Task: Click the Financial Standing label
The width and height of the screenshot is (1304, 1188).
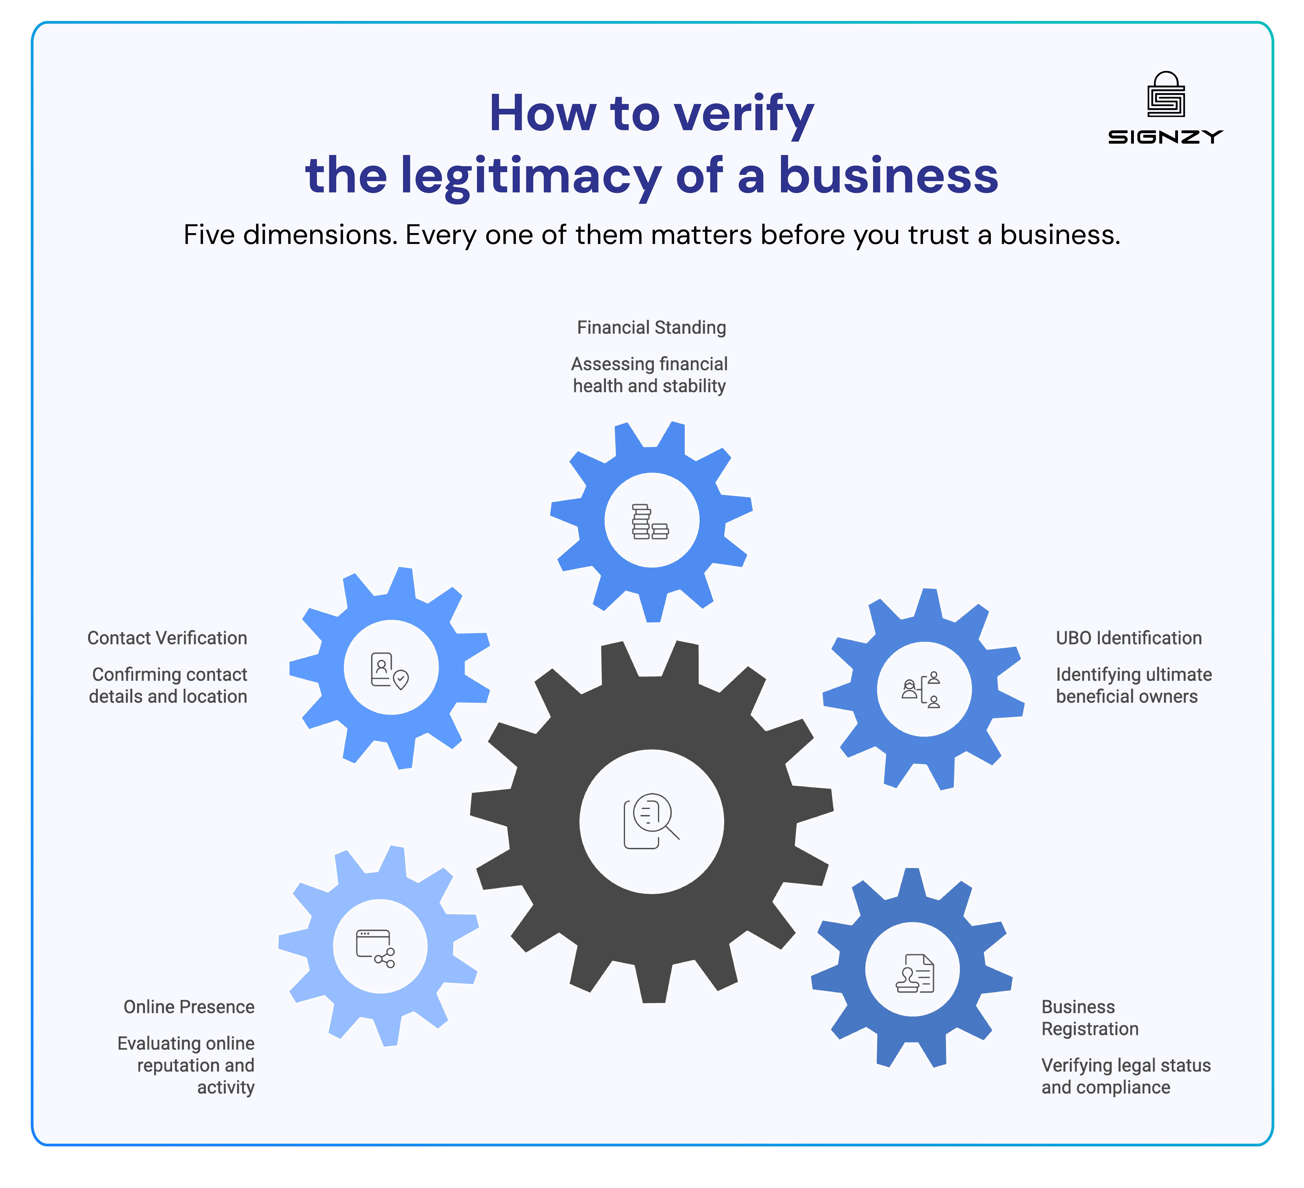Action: [651, 328]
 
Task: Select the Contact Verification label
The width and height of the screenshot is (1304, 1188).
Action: [167, 638]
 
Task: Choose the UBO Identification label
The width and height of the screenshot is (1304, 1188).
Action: [1129, 638]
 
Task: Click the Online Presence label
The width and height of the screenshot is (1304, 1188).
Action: [189, 1007]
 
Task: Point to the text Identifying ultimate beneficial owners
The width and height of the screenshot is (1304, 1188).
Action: [1133, 685]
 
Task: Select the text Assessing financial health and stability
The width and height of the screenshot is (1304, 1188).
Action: [649, 375]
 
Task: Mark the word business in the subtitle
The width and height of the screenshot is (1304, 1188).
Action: [1059, 235]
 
